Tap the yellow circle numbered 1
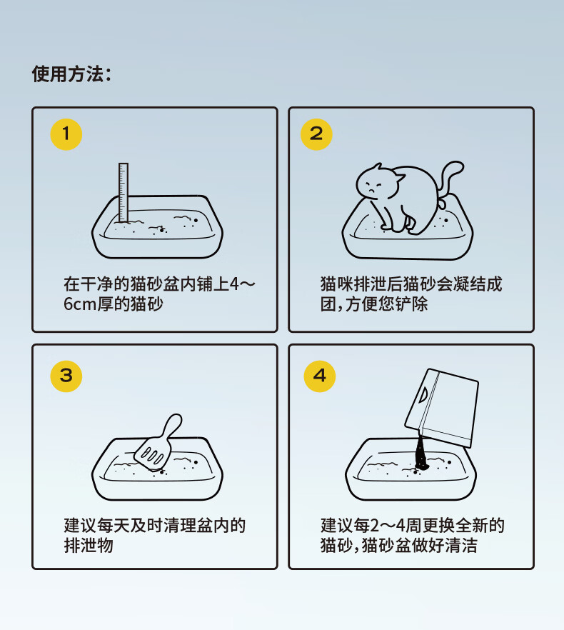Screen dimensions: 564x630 (66, 134)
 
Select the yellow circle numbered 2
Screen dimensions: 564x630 (316, 134)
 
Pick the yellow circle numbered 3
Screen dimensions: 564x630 (66, 376)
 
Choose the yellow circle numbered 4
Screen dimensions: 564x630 (320, 376)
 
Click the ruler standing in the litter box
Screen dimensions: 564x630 (124, 192)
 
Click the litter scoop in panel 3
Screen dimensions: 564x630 (158, 443)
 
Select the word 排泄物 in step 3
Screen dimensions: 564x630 (89, 545)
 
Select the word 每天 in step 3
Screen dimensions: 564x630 (114, 525)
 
